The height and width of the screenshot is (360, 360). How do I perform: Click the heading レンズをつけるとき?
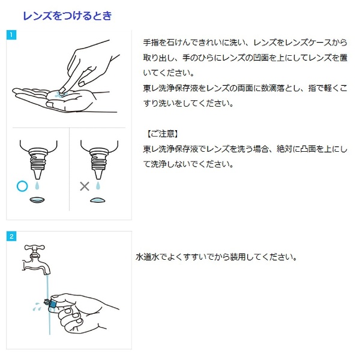click(67, 16)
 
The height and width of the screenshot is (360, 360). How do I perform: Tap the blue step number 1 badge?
click(11, 35)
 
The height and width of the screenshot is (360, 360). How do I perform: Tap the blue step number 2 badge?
click(11, 236)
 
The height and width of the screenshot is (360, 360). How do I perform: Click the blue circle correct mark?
click(22, 186)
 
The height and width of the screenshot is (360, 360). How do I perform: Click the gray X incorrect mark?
click(85, 186)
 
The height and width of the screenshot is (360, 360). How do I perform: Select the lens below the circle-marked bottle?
click(37, 200)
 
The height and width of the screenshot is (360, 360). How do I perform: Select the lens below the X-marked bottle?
click(98, 200)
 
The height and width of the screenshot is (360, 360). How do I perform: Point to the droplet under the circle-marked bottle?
click(37, 186)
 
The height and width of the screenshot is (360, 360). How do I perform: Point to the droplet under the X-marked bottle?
click(98, 186)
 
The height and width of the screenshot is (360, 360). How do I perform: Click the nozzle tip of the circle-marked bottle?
click(38, 178)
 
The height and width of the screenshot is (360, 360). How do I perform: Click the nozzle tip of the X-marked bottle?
click(98, 178)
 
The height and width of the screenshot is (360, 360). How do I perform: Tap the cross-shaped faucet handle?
click(34, 248)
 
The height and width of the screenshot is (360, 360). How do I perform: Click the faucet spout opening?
click(47, 274)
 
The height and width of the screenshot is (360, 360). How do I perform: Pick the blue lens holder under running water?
click(52, 303)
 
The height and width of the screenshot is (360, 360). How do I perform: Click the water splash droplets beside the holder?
click(37, 307)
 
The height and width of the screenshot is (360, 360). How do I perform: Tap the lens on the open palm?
click(59, 94)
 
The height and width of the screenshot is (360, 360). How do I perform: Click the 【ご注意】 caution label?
click(163, 134)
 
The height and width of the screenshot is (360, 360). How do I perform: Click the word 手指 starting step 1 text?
click(151, 43)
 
